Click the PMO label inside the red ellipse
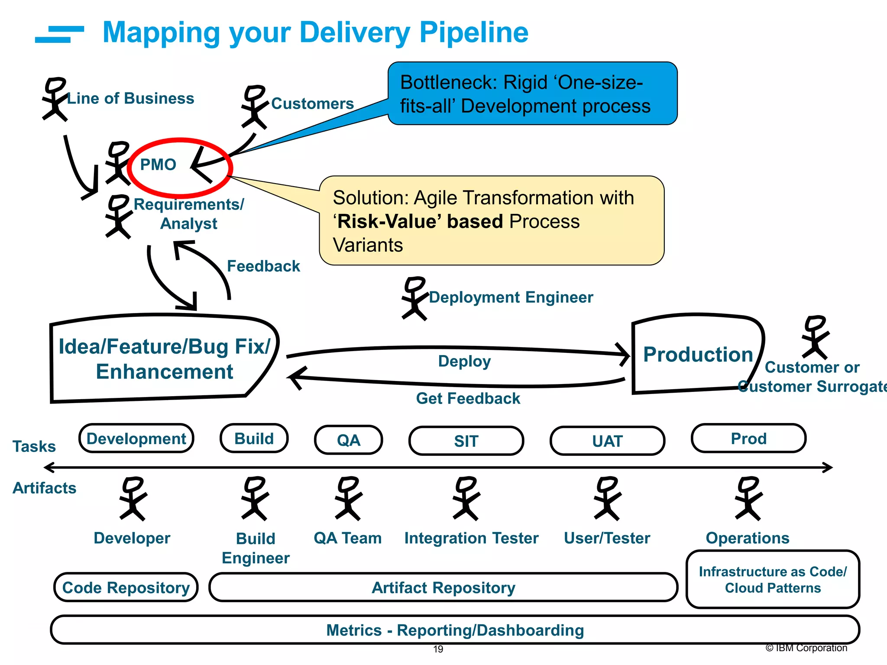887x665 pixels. point(158,165)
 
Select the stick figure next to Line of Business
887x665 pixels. point(55,99)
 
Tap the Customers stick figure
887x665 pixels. point(254,107)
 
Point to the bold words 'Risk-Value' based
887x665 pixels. point(418,222)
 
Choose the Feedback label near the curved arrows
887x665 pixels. point(263,266)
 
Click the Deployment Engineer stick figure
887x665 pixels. point(414,298)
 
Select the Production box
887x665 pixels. point(697,354)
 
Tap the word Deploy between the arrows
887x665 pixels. point(464,362)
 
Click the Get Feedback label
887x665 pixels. point(468,398)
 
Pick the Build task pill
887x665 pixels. point(254,439)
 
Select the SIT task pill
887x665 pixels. point(466,441)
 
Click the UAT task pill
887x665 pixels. point(607,441)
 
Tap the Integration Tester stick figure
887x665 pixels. point(466,498)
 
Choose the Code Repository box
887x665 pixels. point(126,588)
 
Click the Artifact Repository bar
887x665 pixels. point(443,588)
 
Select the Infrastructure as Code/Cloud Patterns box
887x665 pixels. point(773,580)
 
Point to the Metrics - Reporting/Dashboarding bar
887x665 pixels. point(455,630)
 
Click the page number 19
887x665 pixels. point(438,649)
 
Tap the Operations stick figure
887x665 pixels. point(748,498)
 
